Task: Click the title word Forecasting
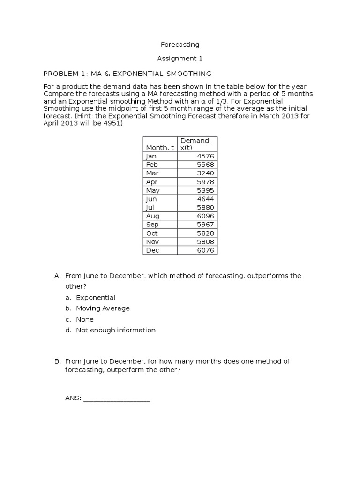click(180, 45)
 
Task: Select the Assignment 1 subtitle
click(180, 59)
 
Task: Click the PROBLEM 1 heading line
click(127, 74)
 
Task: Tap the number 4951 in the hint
click(113, 124)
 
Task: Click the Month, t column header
click(159, 148)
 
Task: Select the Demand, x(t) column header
click(196, 144)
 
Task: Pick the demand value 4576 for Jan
click(205, 156)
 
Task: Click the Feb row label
click(152, 165)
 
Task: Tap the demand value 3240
click(205, 173)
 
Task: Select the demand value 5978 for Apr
click(205, 182)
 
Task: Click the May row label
click(153, 190)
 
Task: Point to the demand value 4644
click(205, 199)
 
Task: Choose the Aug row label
click(153, 216)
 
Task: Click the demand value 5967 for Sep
click(205, 225)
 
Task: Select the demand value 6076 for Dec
click(205, 250)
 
